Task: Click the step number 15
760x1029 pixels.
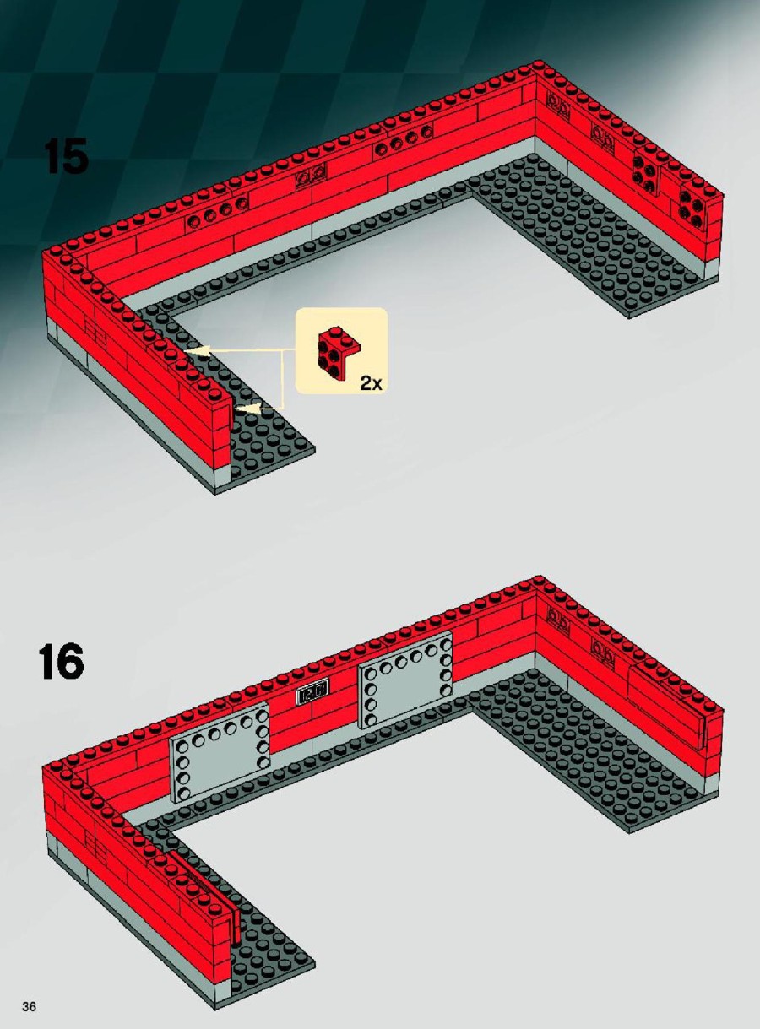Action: point(66,156)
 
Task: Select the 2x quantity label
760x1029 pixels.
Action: point(371,383)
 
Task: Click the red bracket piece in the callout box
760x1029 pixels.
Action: point(339,354)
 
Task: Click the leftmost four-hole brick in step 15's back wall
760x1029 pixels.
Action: point(217,214)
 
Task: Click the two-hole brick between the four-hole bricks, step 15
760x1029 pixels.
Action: point(311,176)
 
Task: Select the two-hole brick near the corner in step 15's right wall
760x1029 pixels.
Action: point(558,105)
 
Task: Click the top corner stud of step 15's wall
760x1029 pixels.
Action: point(538,64)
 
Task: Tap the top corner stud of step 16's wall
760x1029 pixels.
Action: point(538,579)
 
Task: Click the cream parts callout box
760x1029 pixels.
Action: point(342,350)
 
